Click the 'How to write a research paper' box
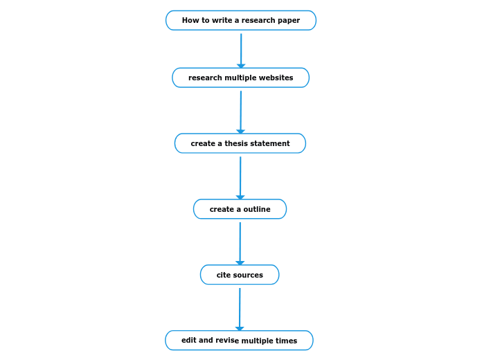click(241, 21)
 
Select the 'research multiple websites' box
click(240, 78)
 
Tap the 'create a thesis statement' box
click(240, 143)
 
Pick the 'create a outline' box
click(240, 209)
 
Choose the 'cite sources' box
click(240, 275)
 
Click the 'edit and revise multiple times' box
click(239, 341)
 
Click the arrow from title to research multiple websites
click(241, 49)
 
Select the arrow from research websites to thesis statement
click(240, 111)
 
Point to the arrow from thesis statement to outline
click(240, 177)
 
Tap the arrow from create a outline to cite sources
click(240, 242)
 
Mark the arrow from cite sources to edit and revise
click(240, 308)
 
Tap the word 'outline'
click(257, 210)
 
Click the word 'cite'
click(223, 276)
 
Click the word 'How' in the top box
click(190, 21)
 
